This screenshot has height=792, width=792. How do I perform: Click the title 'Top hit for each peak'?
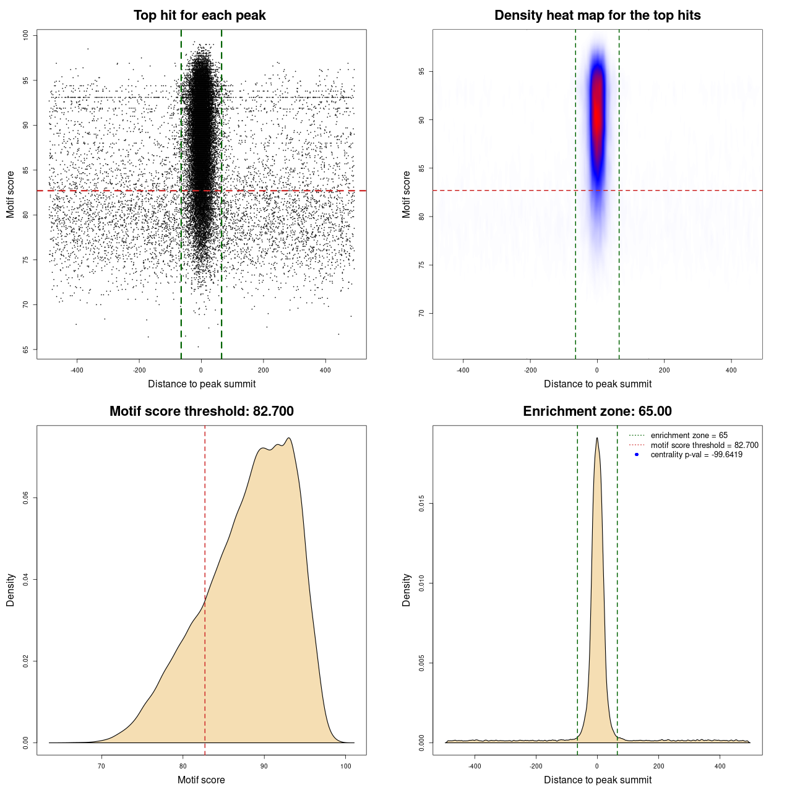click(x=199, y=15)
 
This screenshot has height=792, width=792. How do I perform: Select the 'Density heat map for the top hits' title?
click(x=597, y=15)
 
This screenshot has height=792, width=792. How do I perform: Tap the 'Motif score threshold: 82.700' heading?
click(x=201, y=411)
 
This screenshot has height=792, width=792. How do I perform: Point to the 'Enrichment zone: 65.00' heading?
click(x=597, y=411)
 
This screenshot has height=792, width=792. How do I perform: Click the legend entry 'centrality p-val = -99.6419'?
click(x=696, y=455)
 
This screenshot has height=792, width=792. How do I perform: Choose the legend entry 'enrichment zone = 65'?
click(x=689, y=436)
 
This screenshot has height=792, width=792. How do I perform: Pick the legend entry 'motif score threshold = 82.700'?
click(x=704, y=445)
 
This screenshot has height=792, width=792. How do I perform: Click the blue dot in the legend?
click(x=637, y=455)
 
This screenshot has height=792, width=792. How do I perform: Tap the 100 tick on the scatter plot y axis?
click(x=26, y=35)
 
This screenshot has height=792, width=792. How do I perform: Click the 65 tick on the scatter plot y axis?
click(x=26, y=350)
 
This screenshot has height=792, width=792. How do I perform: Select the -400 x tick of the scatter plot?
click(x=77, y=371)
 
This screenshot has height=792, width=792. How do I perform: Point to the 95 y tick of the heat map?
click(x=422, y=72)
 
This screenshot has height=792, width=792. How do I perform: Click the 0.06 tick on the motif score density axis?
click(x=26, y=498)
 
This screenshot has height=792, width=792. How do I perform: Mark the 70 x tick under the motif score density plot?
click(x=102, y=766)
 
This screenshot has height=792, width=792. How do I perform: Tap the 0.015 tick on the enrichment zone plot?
click(x=422, y=504)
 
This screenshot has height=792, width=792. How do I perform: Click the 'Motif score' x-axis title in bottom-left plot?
click(x=201, y=780)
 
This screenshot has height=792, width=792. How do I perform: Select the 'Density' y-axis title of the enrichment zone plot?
click(x=407, y=590)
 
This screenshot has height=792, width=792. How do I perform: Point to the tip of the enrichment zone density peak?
click(x=597, y=438)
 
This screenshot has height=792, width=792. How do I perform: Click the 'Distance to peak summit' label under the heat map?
click(x=597, y=384)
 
